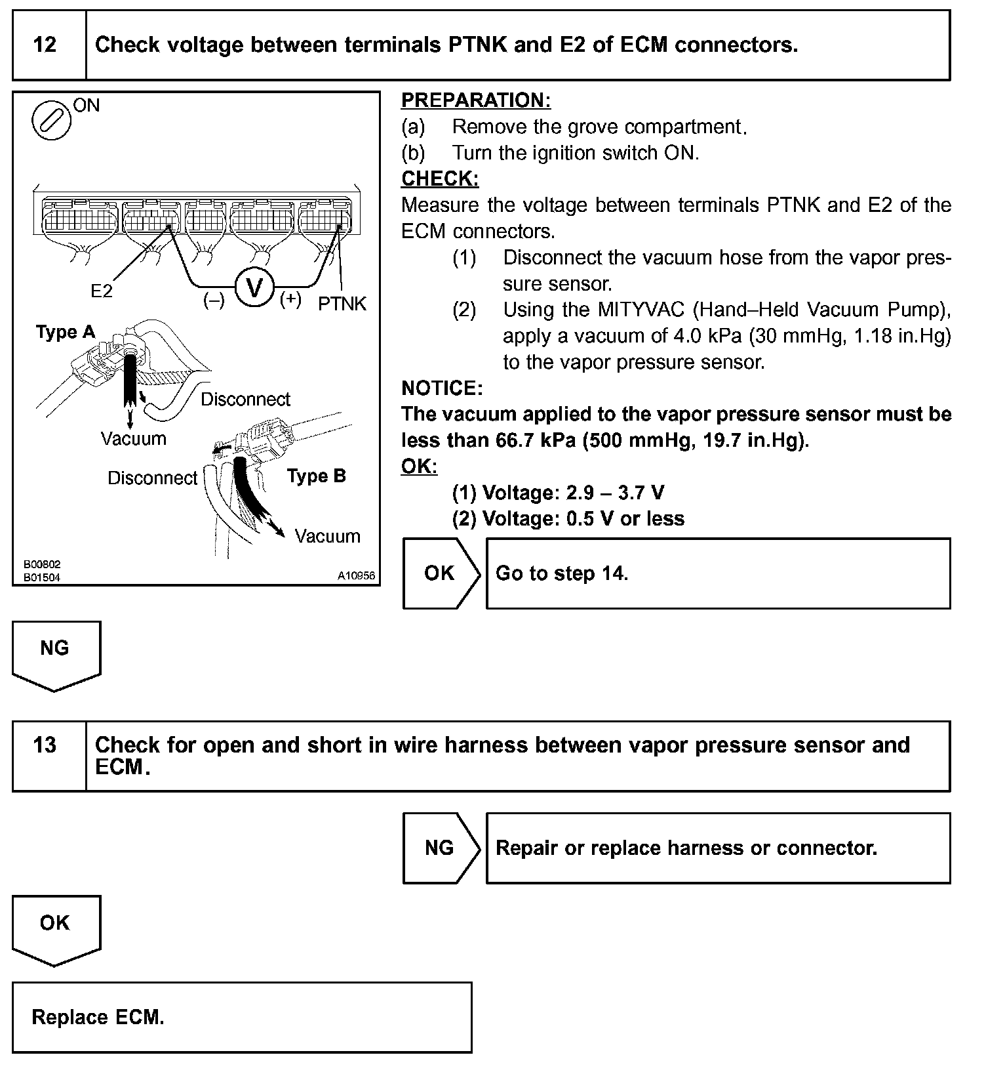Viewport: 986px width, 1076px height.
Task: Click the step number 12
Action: (x=45, y=45)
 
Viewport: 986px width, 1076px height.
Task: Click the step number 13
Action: (x=45, y=745)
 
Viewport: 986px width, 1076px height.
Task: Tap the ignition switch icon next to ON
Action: (x=51, y=120)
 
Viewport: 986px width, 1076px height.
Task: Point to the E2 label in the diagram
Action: (x=102, y=291)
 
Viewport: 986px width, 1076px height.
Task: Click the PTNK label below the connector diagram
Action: (x=342, y=304)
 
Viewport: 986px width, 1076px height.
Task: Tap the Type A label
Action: (x=66, y=332)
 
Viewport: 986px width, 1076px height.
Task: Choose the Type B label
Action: (x=316, y=476)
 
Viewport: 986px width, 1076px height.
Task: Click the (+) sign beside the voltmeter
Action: (x=290, y=299)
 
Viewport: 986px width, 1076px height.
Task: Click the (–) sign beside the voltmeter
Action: (x=214, y=300)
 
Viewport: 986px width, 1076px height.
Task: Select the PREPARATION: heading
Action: (x=476, y=100)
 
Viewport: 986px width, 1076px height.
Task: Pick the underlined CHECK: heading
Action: (x=440, y=179)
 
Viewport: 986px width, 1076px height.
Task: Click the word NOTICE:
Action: (x=442, y=388)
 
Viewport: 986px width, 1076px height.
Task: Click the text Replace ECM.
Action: (x=98, y=1017)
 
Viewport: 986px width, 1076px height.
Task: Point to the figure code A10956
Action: (x=356, y=576)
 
